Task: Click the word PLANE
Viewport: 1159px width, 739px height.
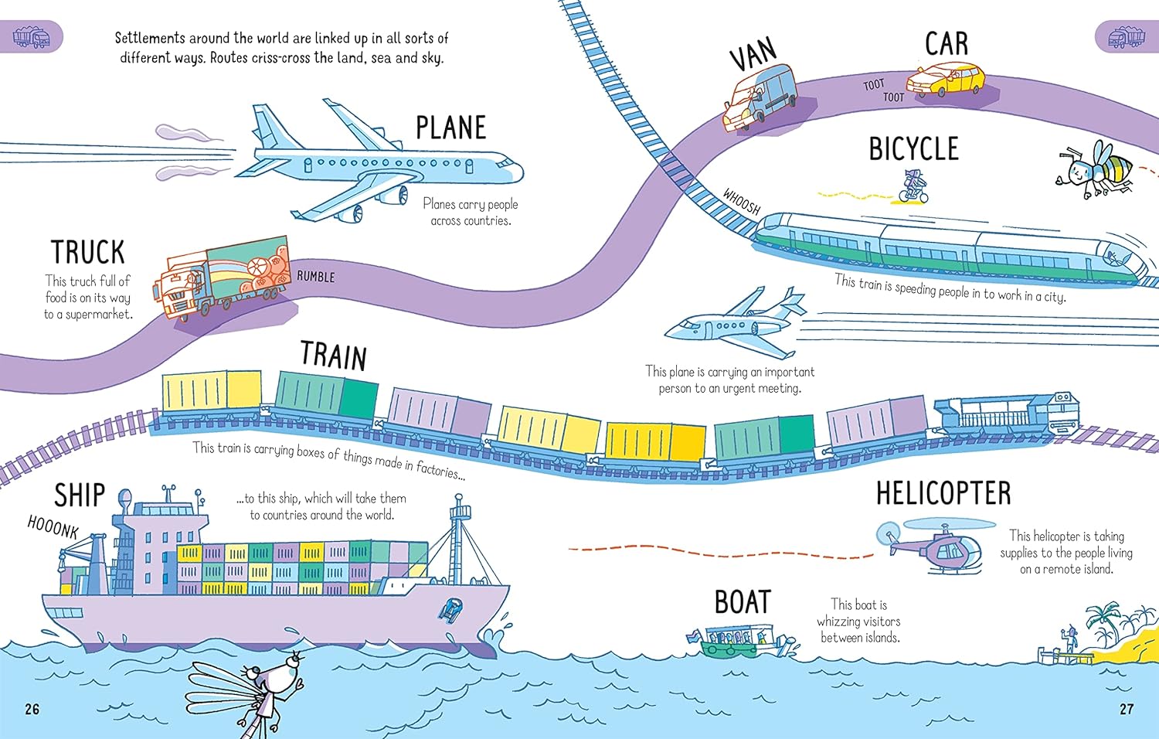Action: click(451, 128)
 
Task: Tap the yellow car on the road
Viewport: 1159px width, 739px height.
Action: click(945, 79)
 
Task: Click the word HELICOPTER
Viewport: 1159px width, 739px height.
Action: click(943, 493)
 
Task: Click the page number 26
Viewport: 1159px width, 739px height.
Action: click(32, 709)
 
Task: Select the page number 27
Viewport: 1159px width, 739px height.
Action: click(1127, 709)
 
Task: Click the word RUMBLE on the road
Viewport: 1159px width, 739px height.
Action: click(316, 277)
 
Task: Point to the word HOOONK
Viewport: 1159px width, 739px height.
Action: click(53, 527)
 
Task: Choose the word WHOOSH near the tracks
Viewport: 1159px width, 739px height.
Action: click(742, 202)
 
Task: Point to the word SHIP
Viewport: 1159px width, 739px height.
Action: click(79, 496)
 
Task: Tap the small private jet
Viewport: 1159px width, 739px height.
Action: click(734, 322)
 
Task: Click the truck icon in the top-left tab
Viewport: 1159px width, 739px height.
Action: click(32, 37)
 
